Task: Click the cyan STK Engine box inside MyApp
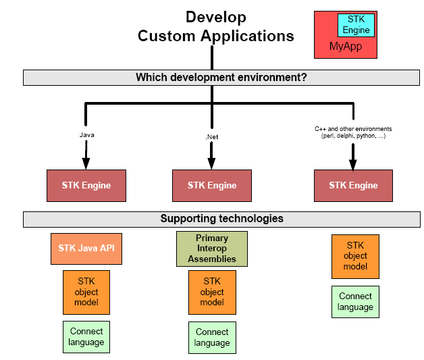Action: (x=356, y=25)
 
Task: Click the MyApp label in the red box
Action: (x=346, y=47)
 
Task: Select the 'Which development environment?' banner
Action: (x=221, y=78)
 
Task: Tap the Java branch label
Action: (x=86, y=134)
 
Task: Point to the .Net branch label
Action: (x=211, y=136)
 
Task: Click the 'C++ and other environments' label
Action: (x=353, y=132)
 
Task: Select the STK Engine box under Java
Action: (x=86, y=185)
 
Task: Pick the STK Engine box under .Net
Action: (x=211, y=185)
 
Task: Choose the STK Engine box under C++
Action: (x=353, y=185)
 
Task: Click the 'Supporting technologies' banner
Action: (x=221, y=219)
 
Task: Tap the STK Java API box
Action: (x=86, y=249)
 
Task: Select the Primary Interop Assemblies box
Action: (x=212, y=249)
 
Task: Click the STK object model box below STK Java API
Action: (x=86, y=292)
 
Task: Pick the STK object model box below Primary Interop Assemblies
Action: (x=212, y=292)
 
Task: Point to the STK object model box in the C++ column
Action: (x=355, y=256)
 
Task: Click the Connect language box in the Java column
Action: (x=86, y=336)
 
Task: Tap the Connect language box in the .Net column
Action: (x=212, y=337)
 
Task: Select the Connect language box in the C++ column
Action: (x=355, y=301)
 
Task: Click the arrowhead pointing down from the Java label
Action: (x=86, y=163)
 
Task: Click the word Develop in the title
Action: (x=216, y=18)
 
